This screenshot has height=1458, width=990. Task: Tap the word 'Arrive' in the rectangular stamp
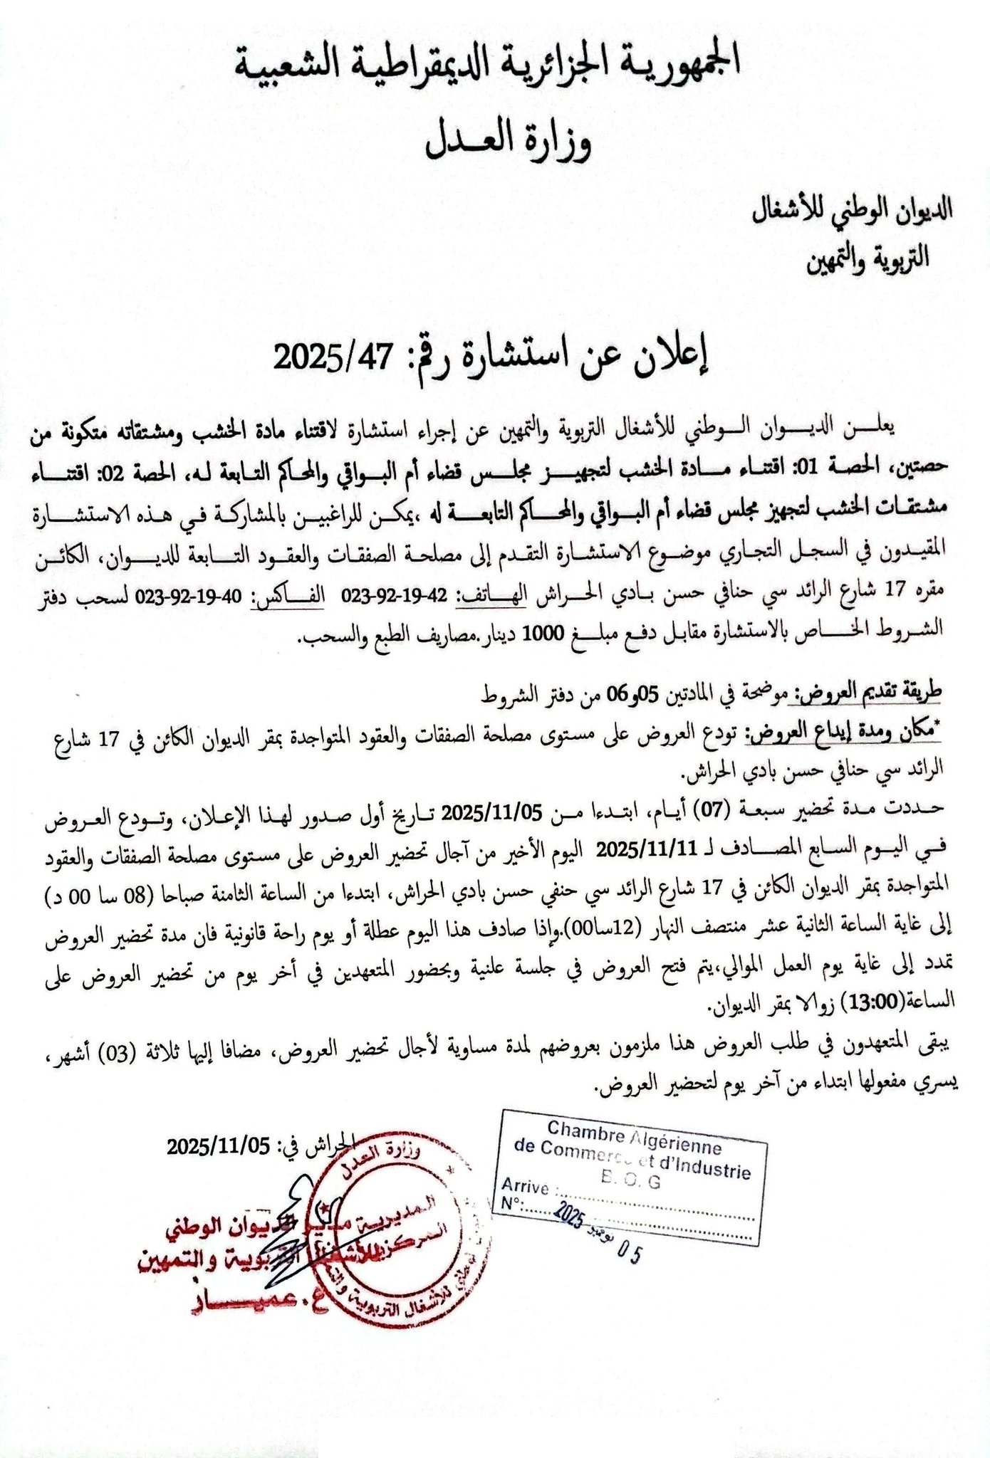pyautogui.click(x=525, y=1187)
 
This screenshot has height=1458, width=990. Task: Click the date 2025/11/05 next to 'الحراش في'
pyautogui.click(x=219, y=1146)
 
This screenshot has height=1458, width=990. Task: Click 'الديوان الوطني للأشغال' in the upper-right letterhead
pyautogui.click(x=855, y=211)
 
